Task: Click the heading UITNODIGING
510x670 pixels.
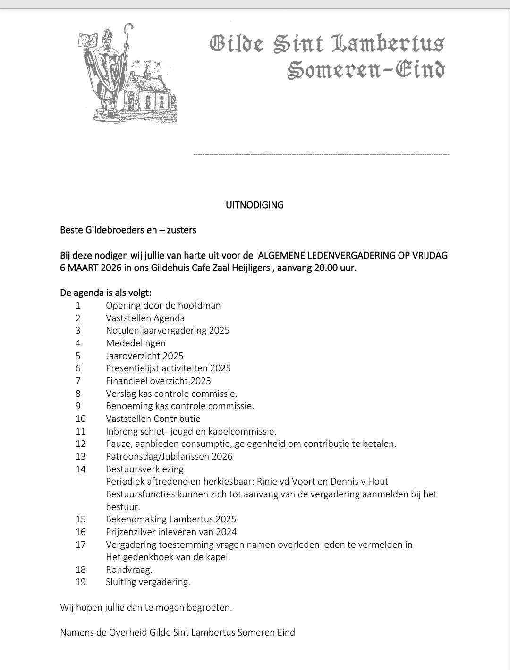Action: coord(255,205)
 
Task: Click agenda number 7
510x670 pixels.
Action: coord(78,381)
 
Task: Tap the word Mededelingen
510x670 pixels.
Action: coord(136,343)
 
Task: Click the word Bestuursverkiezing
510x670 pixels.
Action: coord(144,469)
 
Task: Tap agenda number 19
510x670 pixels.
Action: coord(80,582)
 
